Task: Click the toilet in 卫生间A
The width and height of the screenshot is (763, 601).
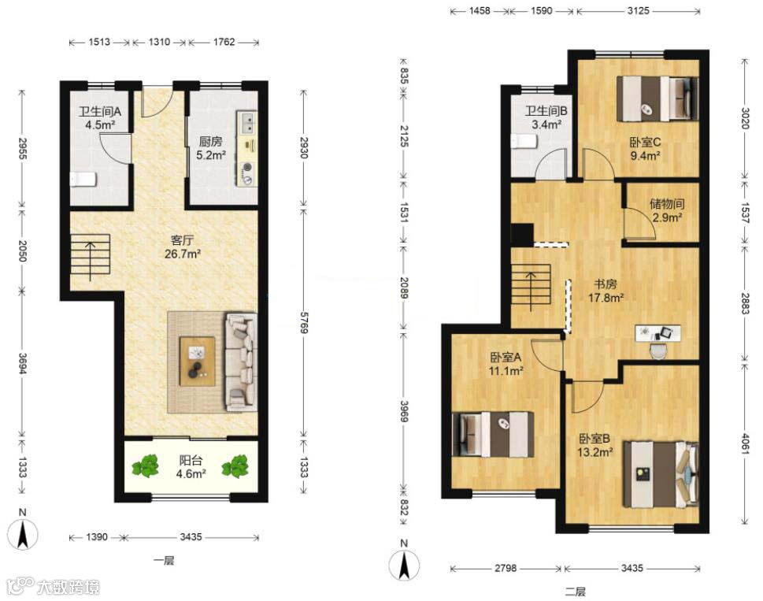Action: click(82, 180)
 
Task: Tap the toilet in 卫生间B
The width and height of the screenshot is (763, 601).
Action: click(524, 142)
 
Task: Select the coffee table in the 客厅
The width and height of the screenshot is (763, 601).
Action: click(198, 361)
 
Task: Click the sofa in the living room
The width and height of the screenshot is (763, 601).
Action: click(241, 362)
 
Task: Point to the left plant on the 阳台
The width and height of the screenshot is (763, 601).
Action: click(146, 466)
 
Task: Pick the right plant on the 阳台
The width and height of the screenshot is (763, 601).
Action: click(235, 466)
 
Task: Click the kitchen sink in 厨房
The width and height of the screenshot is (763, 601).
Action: click(247, 122)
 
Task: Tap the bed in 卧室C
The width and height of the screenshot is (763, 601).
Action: click(657, 98)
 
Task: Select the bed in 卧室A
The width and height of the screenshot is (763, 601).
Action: click(493, 434)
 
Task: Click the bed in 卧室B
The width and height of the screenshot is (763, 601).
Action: click(661, 474)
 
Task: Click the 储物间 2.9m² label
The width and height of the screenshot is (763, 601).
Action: click(667, 210)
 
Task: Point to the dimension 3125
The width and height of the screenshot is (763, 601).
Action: click(638, 11)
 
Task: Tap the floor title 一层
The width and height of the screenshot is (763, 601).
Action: click(164, 561)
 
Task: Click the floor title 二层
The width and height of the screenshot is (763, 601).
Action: click(575, 592)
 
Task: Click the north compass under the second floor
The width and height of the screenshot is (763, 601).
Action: click(404, 562)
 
